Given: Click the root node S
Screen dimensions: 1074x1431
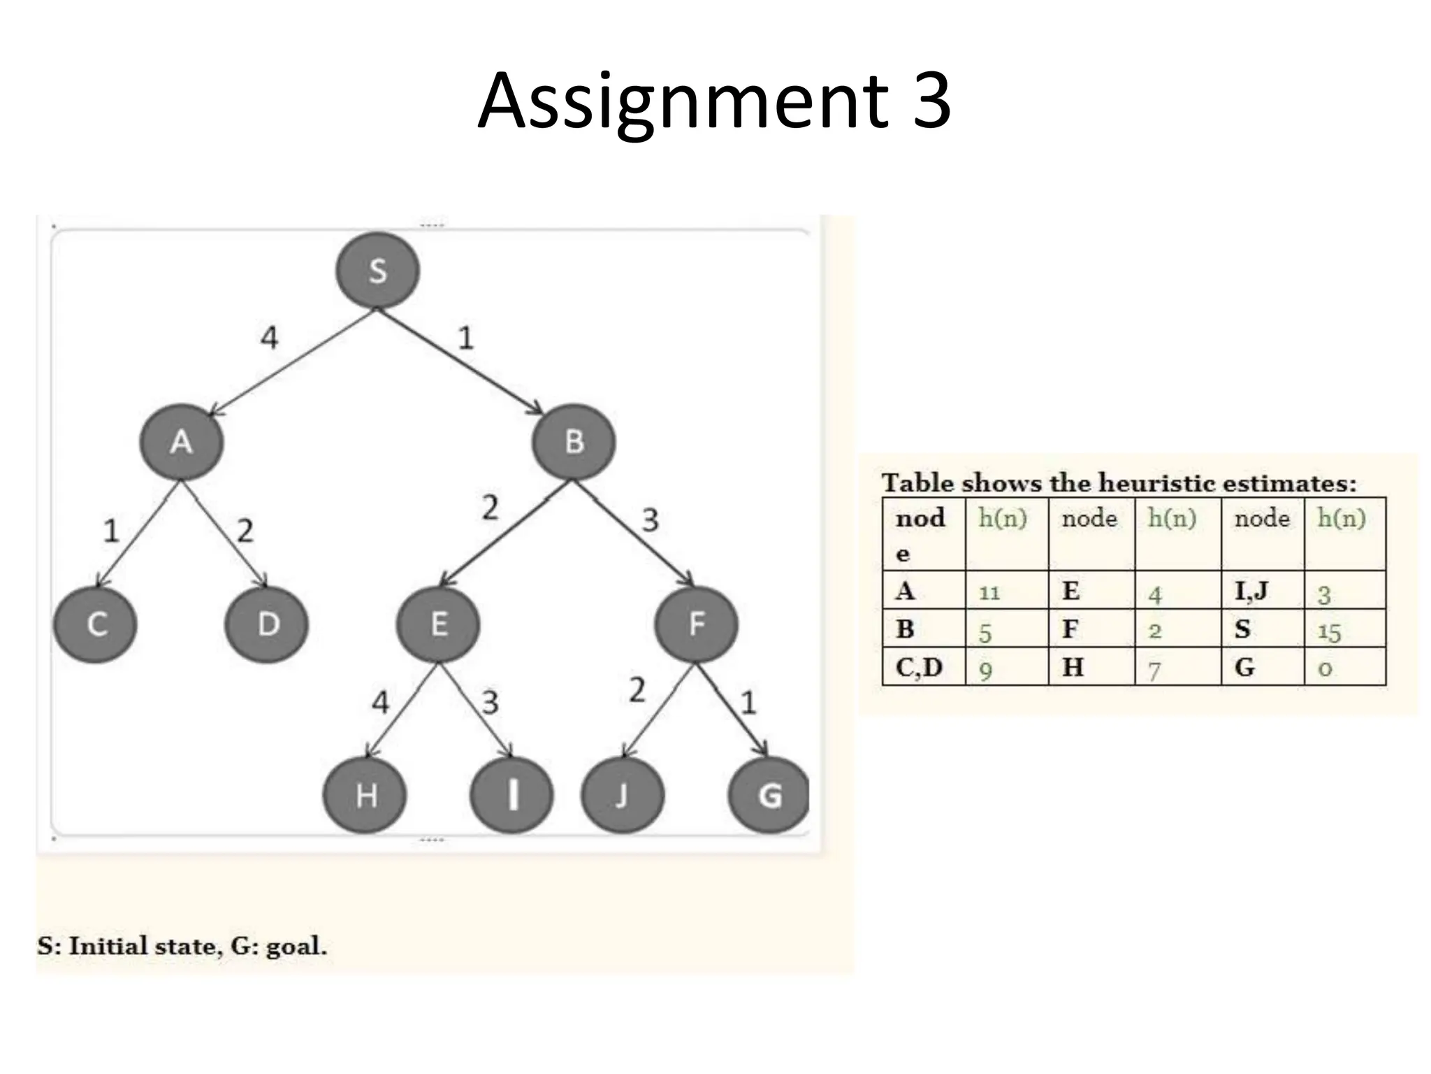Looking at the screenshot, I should (377, 271).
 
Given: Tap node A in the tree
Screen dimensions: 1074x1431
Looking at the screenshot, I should (182, 442).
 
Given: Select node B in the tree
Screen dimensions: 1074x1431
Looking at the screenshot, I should (574, 442).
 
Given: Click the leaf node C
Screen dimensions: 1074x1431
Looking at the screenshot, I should (96, 624).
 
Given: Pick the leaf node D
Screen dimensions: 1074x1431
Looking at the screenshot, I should (267, 624).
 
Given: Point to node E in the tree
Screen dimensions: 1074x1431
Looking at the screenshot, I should (438, 624).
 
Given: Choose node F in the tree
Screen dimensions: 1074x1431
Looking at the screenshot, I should (696, 624).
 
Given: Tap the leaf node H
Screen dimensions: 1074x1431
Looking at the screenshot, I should (365, 795).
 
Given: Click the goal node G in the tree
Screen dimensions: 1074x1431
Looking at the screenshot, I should (769, 795).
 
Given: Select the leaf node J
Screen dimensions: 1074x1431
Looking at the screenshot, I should (623, 795).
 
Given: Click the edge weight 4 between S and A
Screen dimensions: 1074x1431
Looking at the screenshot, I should (269, 338).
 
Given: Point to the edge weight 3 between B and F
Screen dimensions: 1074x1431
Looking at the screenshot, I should (650, 520).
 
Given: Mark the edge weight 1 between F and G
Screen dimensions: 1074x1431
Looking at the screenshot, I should (748, 703).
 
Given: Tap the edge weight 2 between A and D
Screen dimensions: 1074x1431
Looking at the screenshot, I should (245, 531).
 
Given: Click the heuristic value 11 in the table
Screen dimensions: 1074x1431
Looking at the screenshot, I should (989, 594).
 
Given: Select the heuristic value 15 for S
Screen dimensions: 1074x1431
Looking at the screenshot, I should (1329, 632).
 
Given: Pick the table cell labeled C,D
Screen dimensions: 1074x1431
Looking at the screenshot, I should (920, 668).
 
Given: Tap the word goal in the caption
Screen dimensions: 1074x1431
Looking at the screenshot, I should (296, 947).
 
